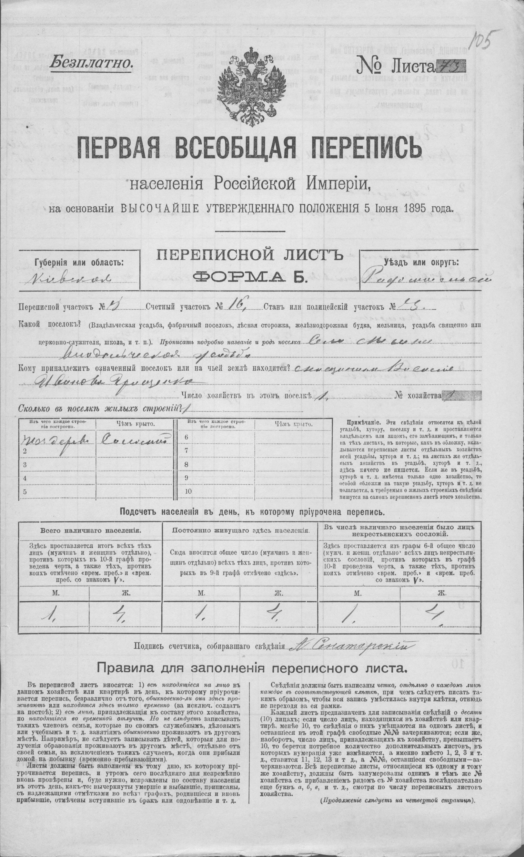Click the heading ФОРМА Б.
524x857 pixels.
click(x=250, y=277)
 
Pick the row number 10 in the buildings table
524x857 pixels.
click(x=188, y=491)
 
